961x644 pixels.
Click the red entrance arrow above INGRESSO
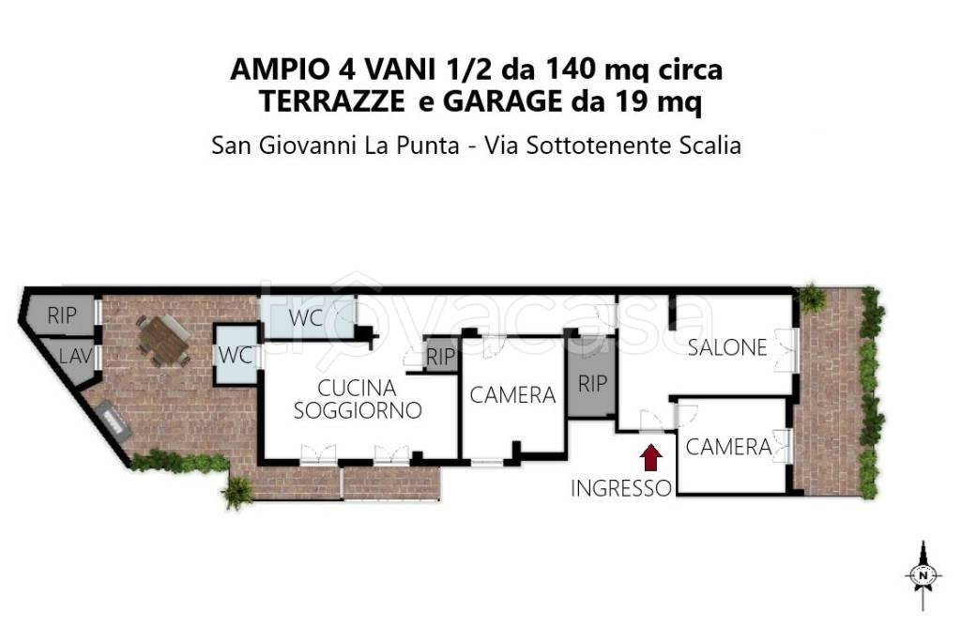651,457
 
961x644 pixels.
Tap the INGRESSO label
622,488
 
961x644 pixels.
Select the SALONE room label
727,347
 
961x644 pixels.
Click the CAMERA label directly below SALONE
728,447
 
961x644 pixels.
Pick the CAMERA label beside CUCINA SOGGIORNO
512,395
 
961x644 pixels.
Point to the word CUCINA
357,388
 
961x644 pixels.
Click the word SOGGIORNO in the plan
357,410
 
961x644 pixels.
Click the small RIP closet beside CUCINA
440,357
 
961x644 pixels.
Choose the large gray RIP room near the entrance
592,383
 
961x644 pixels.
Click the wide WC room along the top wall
306,317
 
